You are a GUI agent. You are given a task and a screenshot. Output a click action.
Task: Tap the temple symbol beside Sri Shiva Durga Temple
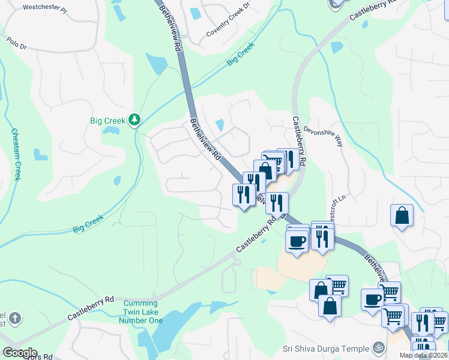point(378,347)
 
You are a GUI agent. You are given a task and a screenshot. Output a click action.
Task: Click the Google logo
point(19,353)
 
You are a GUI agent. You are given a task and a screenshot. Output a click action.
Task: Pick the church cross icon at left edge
point(15,318)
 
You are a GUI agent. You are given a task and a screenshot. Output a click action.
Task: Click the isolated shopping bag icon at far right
point(402,216)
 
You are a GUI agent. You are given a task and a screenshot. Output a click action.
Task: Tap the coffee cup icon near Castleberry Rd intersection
point(297,241)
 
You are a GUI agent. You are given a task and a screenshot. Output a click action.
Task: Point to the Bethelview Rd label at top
point(170,28)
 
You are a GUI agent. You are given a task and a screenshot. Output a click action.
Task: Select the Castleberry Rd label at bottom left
point(90,307)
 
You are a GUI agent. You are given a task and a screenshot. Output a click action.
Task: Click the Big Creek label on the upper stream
point(241,55)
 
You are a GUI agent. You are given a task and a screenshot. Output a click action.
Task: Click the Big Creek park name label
point(108,121)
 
